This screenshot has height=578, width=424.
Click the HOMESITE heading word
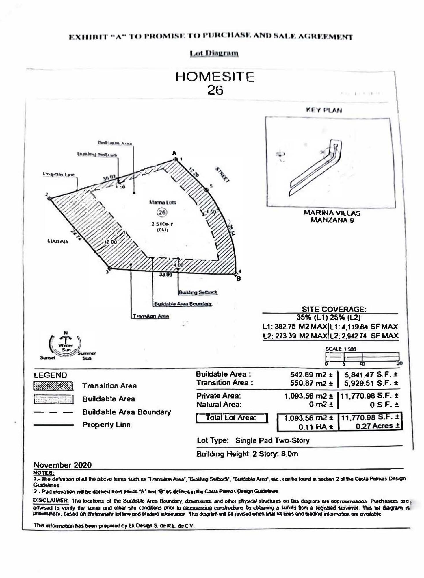(215, 77)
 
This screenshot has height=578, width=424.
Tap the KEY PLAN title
(324, 110)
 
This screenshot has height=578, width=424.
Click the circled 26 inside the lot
(162, 212)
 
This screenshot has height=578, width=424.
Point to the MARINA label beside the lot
(58, 242)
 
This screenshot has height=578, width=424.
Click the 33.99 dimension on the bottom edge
(165, 275)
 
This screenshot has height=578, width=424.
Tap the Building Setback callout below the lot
(198, 292)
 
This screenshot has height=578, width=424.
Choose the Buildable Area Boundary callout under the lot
(183, 304)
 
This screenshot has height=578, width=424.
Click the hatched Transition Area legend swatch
(53, 386)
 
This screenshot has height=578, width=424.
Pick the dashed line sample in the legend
(53, 412)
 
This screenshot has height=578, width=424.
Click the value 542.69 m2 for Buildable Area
(311, 375)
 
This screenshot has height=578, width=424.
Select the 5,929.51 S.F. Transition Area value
(371, 384)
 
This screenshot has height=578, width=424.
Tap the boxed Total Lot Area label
(232, 418)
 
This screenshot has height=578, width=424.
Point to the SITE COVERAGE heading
(334, 309)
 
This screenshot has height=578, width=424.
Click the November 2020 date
(62, 465)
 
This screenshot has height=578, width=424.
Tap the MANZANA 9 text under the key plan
(332, 220)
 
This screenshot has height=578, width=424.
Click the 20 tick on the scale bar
(399, 363)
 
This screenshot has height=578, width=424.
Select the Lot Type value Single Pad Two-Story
(272, 441)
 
